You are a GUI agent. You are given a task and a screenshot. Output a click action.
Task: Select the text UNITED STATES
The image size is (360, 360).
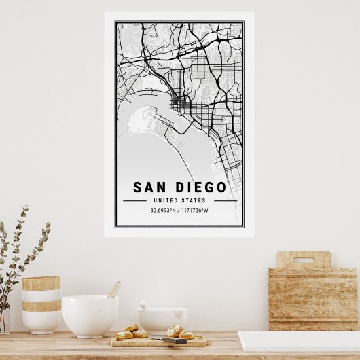click(x=179, y=200)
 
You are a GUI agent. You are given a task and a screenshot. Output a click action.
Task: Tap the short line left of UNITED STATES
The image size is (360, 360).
click(x=134, y=201)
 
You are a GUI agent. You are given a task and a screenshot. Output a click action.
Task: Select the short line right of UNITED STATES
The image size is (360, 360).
click(x=225, y=201)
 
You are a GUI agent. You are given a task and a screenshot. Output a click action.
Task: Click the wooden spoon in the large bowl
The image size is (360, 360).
click(x=113, y=290)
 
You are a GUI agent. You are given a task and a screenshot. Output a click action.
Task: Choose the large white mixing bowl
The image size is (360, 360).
click(x=90, y=316)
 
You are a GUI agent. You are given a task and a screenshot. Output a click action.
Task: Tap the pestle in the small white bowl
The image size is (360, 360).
click(x=144, y=305)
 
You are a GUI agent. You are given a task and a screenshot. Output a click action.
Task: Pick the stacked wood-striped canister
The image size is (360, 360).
click(x=41, y=304)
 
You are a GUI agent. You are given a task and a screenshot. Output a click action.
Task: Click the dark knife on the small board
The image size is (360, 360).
click(x=174, y=340)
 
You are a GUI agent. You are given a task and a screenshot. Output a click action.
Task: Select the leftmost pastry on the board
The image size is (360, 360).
click(x=124, y=336)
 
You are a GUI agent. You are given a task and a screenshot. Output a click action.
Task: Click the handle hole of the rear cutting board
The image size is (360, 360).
click(x=303, y=259)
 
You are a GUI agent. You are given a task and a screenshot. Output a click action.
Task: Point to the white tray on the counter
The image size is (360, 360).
click(x=299, y=340)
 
